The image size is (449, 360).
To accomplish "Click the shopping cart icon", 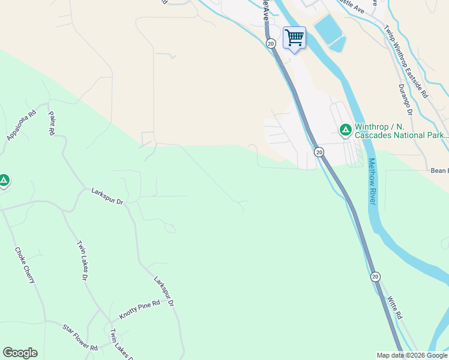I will pyautogui.click(x=294, y=38).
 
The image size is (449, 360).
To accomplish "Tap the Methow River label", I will pyautogui.click(x=372, y=181).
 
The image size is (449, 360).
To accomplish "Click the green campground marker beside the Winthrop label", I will pyautogui.click(x=346, y=130).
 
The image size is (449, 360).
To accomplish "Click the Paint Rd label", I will pyautogui.click(x=52, y=122).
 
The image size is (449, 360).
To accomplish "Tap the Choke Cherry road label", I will pyautogui.click(x=26, y=265).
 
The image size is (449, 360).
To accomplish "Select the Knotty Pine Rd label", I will pyautogui.click(x=139, y=310).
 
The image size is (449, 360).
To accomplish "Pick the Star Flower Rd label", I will pyautogui.click(x=80, y=337).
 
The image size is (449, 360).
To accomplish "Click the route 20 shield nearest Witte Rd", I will pyautogui.click(x=375, y=277).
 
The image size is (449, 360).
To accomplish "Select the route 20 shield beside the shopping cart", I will pyautogui.click(x=271, y=43).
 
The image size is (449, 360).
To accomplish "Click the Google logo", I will pyautogui.click(x=20, y=353).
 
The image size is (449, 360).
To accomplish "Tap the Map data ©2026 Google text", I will pyautogui.click(x=412, y=355).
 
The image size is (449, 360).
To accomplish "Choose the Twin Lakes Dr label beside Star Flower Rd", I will pyautogui.click(x=120, y=344).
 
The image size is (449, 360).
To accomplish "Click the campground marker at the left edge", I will pyautogui.click(x=4, y=179).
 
